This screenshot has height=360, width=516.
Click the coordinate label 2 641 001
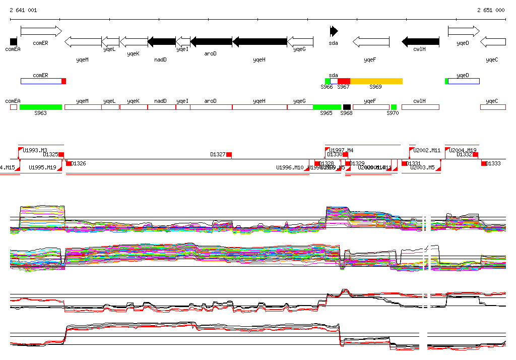(x=23, y=10)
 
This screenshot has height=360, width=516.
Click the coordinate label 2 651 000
(x=491, y=10)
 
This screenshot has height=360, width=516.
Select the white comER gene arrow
(x=41, y=31)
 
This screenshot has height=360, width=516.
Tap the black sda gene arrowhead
(x=334, y=31)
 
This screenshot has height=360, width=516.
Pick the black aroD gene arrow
(x=211, y=41)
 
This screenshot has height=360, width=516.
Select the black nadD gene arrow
(x=162, y=41)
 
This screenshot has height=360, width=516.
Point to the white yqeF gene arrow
(x=371, y=41)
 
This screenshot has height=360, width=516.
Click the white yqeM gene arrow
(x=83, y=41)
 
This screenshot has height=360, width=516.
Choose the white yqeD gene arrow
(x=464, y=31)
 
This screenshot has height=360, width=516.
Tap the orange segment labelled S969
(x=376, y=81)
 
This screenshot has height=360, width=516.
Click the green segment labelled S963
(x=41, y=107)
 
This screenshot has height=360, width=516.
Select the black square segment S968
(x=347, y=107)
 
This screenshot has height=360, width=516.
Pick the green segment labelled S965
(x=327, y=107)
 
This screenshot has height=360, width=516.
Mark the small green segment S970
(x=394, y=107)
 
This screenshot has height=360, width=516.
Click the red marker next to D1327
(x=229, y=154)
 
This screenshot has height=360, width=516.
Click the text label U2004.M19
(x=463, y=150)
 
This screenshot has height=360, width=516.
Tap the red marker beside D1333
(x=484, y=163)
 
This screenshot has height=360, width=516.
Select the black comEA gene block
(x=14, y=41)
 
